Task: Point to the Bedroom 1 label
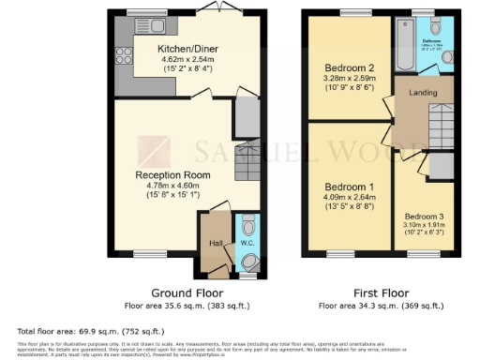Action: click(x=349, y=186)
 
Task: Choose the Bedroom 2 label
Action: click(x=349, y=67)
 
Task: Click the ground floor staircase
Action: click(x=246, y=161)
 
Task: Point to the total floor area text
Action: click(x=70, y=331)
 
